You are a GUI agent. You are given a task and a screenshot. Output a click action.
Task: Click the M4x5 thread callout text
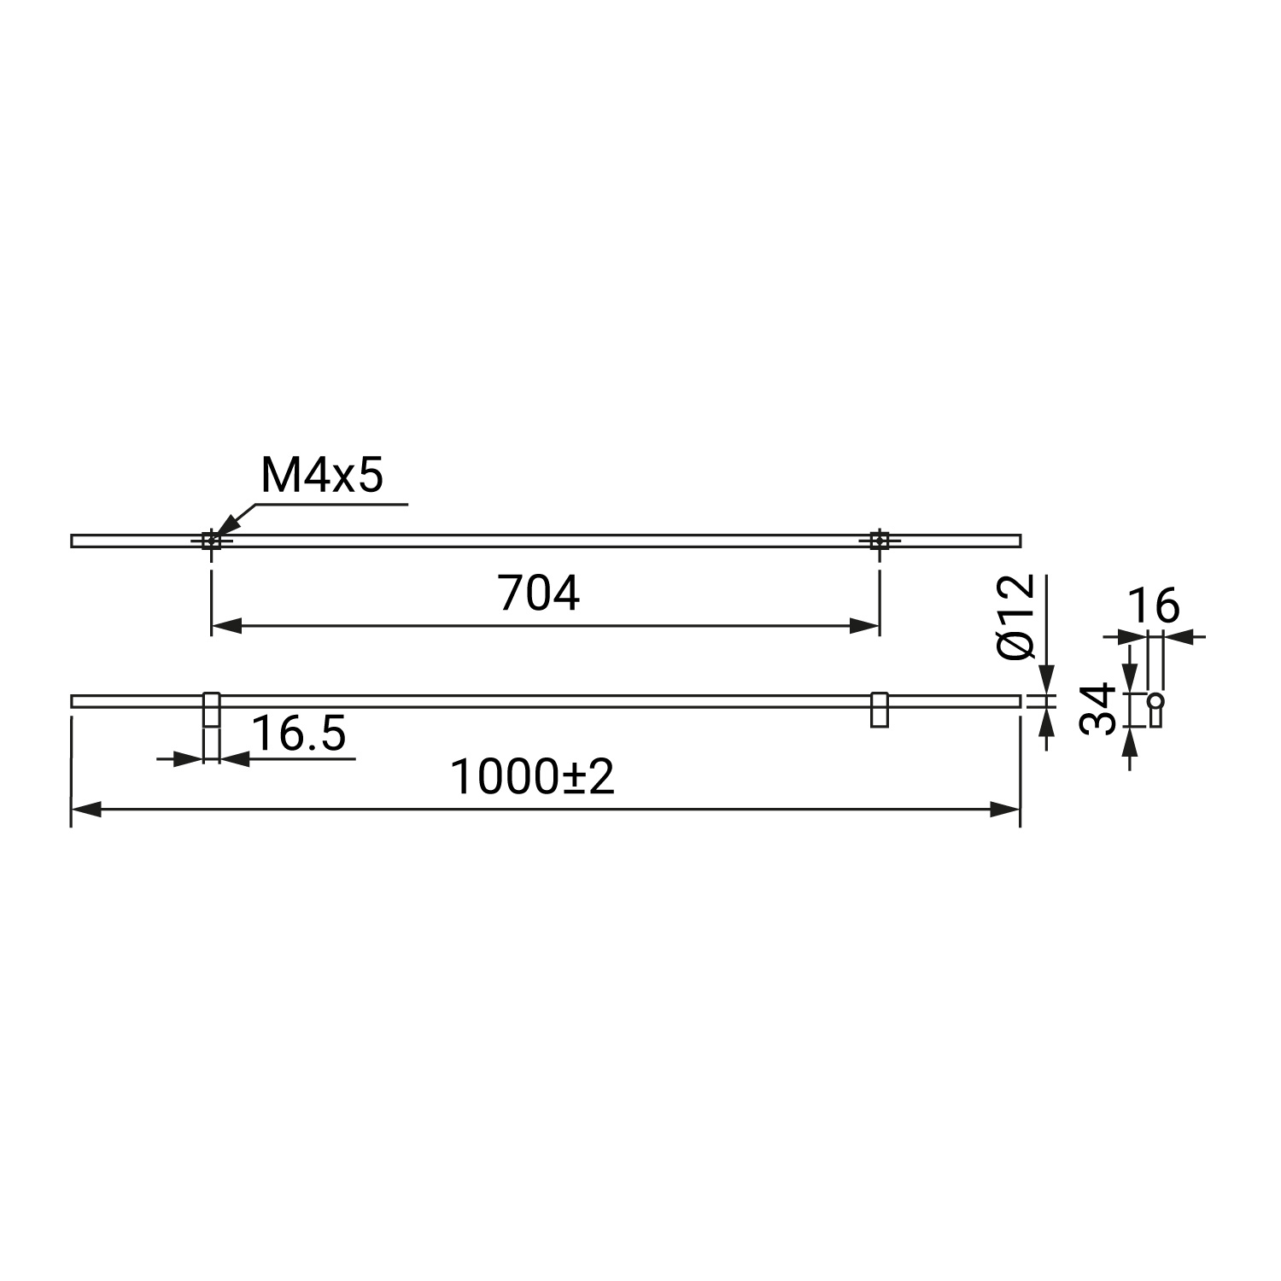321,476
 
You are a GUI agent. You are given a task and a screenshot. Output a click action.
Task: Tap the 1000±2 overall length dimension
532,777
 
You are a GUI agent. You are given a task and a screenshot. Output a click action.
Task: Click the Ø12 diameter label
1016,617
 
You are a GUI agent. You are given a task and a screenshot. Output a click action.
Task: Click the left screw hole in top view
211,540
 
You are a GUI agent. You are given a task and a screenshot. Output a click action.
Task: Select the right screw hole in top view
879,540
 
